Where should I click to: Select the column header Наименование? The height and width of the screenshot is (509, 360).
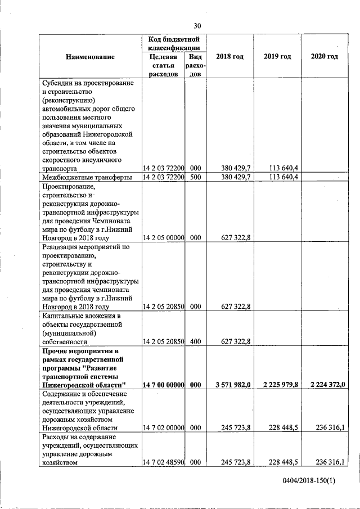pos(90,57)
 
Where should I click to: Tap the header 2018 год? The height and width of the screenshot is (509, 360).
pos(230,57)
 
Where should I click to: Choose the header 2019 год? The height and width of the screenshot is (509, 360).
pos(277,57)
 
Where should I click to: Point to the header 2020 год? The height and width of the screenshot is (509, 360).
pos(325,57)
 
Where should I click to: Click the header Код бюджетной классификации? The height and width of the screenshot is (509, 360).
pos(174,43)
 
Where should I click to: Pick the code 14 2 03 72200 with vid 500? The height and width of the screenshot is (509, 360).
pos(164,177)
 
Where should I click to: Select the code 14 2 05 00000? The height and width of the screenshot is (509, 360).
pos(164,237)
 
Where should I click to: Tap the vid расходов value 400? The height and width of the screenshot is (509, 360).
pos(195,341)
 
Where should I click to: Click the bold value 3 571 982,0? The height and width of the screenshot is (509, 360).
pos(232,384)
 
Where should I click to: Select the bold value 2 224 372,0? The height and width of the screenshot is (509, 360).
pos(326,384)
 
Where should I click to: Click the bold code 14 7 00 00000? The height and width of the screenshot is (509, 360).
pos(164,384)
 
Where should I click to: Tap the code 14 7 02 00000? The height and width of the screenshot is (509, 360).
pos(164,427)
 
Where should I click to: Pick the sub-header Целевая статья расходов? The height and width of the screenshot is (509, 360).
pos(164,65)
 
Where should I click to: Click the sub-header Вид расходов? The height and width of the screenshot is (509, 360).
pos(195,65)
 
